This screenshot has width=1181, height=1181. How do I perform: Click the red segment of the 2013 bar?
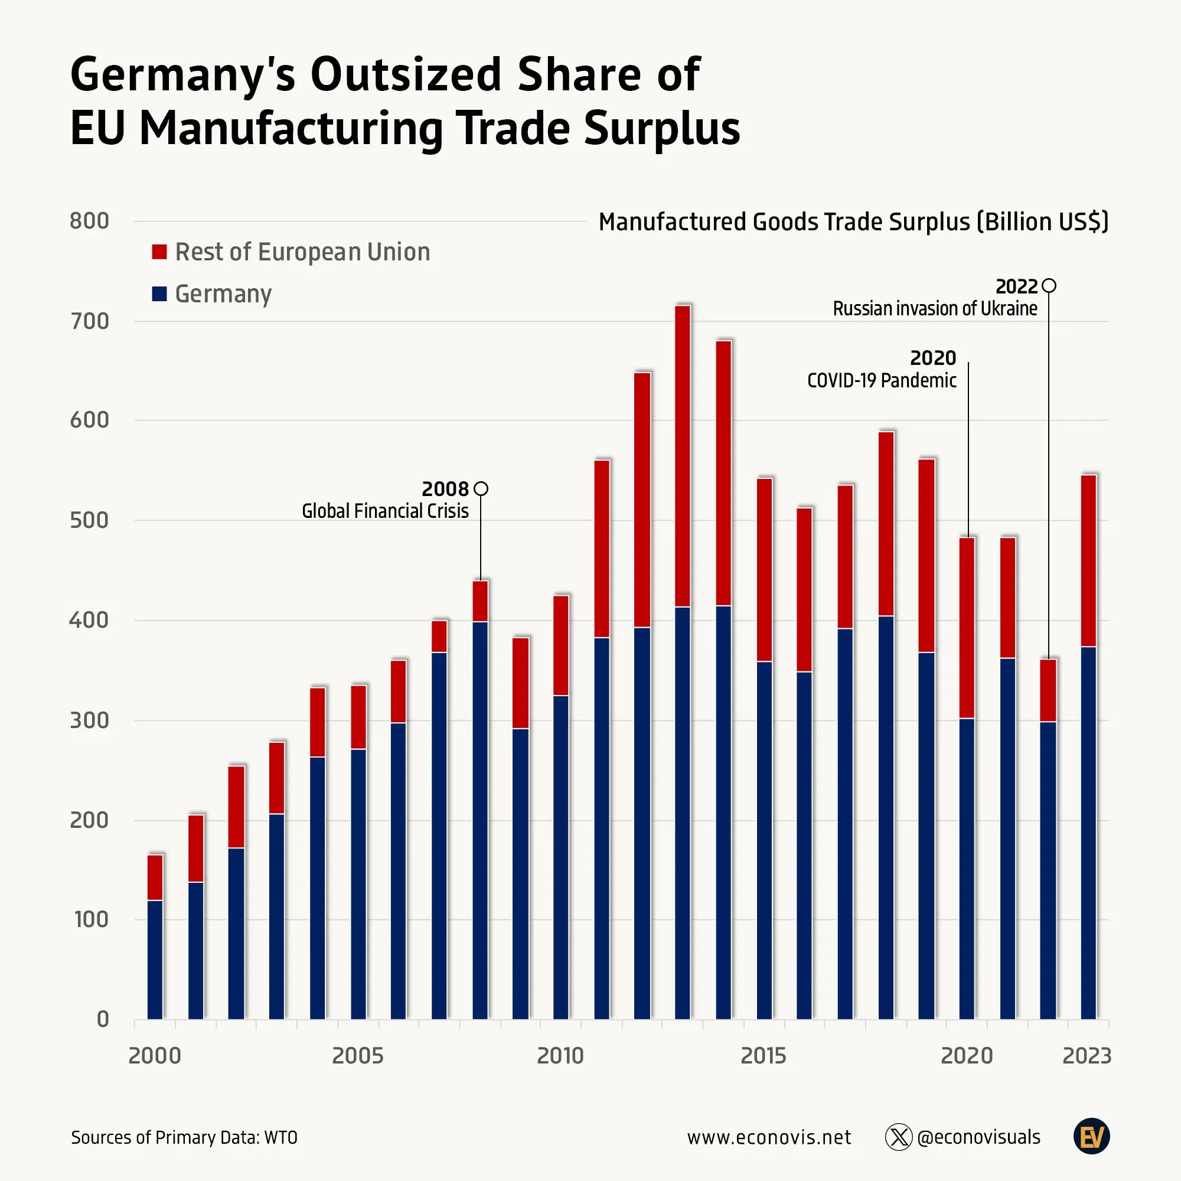point(682,455)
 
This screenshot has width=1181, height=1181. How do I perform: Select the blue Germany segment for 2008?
point(480,819)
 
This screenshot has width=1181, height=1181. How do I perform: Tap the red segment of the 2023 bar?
point(1088,560)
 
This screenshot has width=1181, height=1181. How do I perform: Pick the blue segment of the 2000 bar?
point(155,959)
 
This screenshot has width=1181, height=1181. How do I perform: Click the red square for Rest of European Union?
point(159,252)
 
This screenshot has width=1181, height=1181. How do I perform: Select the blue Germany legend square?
point(159,294)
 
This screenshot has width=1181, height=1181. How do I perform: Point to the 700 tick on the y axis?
point(89,322)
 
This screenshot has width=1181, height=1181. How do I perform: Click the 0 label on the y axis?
point(103,1019)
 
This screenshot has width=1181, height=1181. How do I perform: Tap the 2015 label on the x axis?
point(763,1056)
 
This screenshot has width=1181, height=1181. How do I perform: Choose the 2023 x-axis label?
point(1087,1056)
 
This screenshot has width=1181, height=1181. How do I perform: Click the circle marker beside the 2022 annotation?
point(1049,285)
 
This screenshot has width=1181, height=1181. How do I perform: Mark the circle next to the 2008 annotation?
point(481,488)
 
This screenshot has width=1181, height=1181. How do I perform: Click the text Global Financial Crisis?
point(385,511)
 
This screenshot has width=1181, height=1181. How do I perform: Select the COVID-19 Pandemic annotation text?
point(882,381)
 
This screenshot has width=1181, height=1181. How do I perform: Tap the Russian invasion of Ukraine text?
point(935,309)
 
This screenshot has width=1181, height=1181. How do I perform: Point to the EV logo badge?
point(1091,1137)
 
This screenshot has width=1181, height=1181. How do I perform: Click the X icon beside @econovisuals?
point(899,1137)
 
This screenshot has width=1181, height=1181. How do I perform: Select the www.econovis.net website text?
point(769,1137)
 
